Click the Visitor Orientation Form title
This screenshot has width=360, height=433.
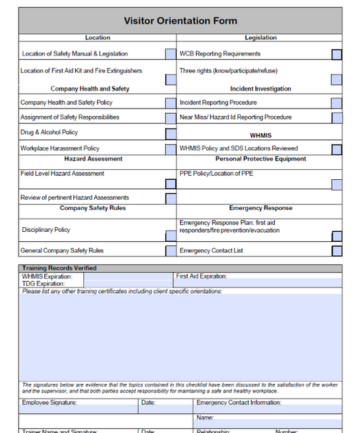(180, 21)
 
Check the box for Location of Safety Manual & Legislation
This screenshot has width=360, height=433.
(171, 54)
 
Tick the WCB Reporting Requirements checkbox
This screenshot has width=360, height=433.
(337, 54)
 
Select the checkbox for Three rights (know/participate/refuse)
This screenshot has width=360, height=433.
(337, 80)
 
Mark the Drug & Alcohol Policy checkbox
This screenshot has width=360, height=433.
(171, 133)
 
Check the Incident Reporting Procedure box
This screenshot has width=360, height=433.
(337, 103)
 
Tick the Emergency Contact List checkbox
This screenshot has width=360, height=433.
(337, 251)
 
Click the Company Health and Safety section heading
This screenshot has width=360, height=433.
(90, 89)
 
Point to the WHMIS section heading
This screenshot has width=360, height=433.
(261, 135)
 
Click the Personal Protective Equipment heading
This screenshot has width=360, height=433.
(261, 159)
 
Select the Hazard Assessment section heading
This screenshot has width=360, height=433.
(93, 159)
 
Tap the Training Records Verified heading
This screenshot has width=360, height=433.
(59, 268)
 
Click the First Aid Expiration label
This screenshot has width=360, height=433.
(201, 276)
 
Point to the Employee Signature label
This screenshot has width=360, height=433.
(49, 402)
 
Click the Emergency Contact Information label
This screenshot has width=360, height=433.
(239, 402)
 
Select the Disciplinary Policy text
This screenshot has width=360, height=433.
(46, 230)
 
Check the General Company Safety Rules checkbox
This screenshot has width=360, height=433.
(171, 251)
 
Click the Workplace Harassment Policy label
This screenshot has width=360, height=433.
(60, 149)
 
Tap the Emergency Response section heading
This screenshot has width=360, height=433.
(261, 209)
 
